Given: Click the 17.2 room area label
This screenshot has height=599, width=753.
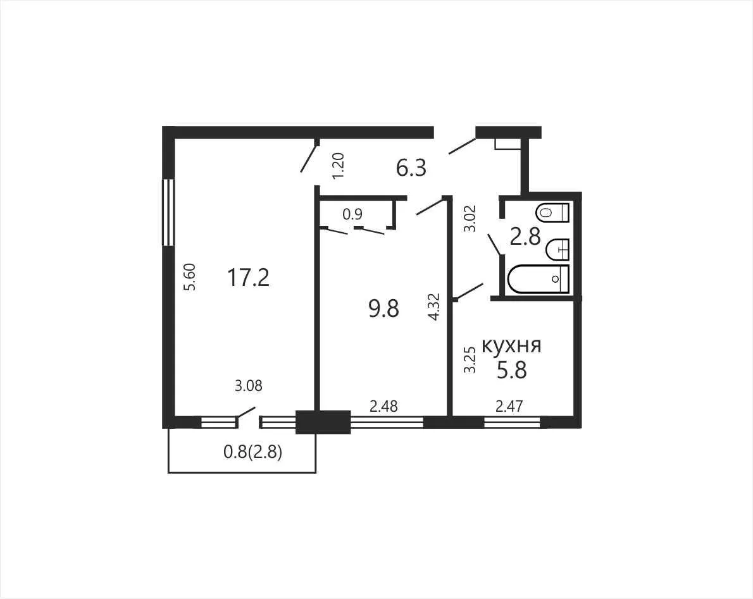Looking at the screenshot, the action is click(x=248, y=278).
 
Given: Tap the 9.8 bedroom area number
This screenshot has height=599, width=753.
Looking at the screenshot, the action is click(x=383, y=309).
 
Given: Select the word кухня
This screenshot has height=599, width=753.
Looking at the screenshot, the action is click(x=511, y=345).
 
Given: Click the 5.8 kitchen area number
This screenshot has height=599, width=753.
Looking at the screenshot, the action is click(x=512, y=370).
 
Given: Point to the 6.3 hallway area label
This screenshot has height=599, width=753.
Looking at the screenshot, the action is click(x=411, y=168).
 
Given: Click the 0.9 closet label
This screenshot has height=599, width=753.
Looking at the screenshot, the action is click(x=352, y=214).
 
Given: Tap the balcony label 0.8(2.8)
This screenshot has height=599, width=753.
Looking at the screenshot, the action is click(x=252, y=452).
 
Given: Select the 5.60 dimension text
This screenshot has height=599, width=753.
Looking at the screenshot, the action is click(x=190, y=277).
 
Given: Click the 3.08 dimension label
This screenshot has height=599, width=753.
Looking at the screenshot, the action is click(x=248, y=385).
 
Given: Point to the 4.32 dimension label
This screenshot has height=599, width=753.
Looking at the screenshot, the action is click(x=433, y=307).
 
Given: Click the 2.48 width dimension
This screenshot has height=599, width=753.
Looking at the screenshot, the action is click(x=383, y=407).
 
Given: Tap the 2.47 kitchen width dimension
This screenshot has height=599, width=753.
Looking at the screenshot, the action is click(x=509, y=407).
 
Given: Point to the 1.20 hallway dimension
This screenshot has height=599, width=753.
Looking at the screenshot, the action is click(x=338, y=166).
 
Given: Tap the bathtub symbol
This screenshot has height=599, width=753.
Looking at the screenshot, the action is click(x=538, y=279).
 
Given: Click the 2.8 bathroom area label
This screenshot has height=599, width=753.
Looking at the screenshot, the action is click(x=525, y=237).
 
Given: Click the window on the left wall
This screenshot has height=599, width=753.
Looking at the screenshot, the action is click(x=168, y=212).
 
